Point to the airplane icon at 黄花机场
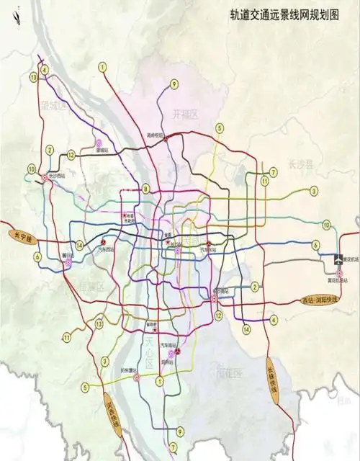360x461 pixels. pos(341,259)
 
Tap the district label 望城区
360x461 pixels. pos(53,106)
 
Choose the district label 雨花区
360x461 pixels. pos(230,372)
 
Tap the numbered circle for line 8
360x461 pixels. pos(145,189)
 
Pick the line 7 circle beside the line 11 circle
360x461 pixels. pos(273,171)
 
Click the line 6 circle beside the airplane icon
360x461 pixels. pos(315,245)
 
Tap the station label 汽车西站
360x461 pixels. pos(105,249)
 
